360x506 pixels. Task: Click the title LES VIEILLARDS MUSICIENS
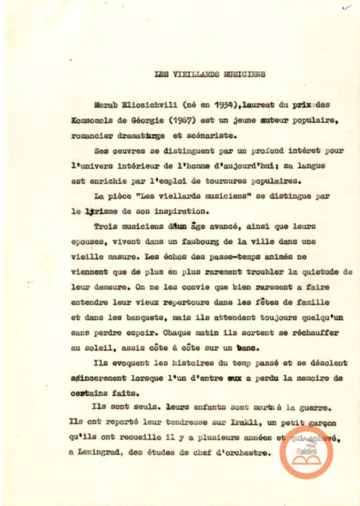coord(210,74)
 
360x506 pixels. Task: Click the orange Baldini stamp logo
coord(306,452)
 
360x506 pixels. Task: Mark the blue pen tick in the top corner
coord(346,7)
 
